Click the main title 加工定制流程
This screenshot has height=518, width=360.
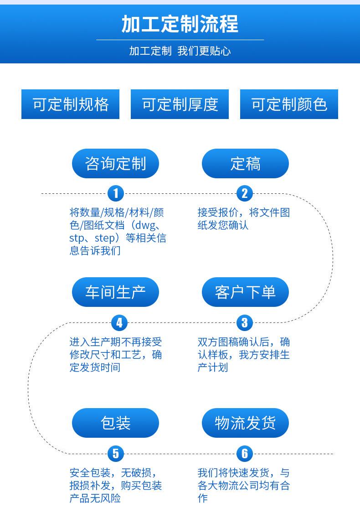(x=180, y=24)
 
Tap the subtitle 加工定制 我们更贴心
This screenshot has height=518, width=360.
(x=180, y=51)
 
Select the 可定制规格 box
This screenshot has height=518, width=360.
(x=71, y=104)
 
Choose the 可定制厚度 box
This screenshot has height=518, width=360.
(x=180, y=104)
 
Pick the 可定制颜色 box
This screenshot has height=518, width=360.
(x=289, y=104)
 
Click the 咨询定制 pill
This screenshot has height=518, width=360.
(x=115, y=163)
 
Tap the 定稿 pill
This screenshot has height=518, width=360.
(x=245, y=163)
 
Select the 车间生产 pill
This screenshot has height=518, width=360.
(x=115, y=292)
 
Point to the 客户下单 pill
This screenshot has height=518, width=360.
(x=245, y=292)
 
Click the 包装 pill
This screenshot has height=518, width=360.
(x=115, y=423)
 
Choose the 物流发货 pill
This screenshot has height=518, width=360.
(x=245, y=423)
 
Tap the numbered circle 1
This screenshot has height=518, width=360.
(x=115, y=193)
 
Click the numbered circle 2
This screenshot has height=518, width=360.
(x=245, y=193)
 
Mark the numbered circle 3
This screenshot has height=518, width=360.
(x=245, y=323)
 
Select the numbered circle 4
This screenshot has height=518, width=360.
(x=119, y=323)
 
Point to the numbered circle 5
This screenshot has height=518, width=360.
(x=115, y=453)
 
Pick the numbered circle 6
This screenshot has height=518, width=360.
(x=245, y=453)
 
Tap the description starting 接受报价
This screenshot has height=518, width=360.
(x=243, y=218)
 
